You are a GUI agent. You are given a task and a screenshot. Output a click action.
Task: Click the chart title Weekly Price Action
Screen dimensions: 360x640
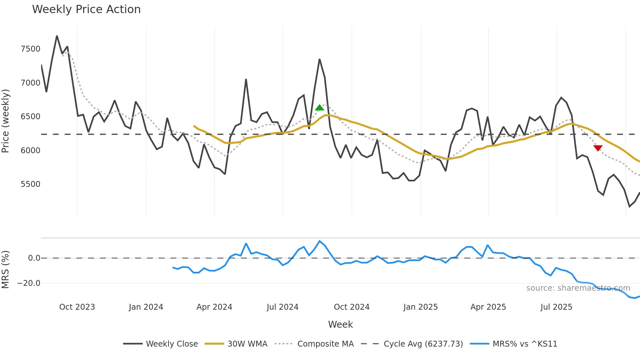pos(86,9)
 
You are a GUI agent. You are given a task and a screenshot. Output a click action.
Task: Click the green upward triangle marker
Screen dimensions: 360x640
pos(319,107)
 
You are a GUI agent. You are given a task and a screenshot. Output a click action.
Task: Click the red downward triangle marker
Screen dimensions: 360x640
pos(598,148)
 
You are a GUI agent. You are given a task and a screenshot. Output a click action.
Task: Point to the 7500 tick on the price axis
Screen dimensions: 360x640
pos(30,49)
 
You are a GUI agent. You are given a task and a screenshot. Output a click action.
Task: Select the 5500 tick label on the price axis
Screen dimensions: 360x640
pos(30,184)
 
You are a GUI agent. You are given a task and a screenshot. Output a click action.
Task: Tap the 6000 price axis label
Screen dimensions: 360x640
pos(30,151)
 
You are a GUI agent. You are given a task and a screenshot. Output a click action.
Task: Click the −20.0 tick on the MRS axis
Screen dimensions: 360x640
pos(29,283)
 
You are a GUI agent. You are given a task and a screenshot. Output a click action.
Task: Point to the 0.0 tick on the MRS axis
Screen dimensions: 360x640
pos(34,258)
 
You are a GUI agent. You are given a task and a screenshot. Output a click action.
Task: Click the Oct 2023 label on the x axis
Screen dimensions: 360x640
pos(77,307)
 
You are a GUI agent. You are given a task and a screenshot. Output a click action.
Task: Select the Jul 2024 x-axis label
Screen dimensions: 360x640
pos(282,307)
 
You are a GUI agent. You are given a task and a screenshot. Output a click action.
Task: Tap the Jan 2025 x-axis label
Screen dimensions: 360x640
pos(420,307)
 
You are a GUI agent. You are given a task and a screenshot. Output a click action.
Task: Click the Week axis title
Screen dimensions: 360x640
pos(340,324)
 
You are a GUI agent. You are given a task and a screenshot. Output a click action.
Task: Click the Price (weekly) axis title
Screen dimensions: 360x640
pos(6,121)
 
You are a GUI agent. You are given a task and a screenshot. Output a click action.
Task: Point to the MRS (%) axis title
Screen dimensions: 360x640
pos(6,270)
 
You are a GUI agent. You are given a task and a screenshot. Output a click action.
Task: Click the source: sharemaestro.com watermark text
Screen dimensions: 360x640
pos(578,288)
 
